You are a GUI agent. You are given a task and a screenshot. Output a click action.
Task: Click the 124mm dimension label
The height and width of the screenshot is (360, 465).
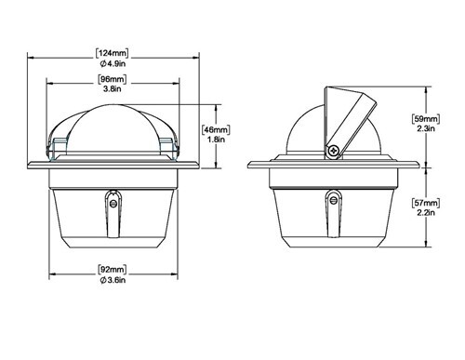(x=112, y=53)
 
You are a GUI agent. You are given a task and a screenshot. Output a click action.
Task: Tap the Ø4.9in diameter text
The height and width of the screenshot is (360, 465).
(x=113, y=64)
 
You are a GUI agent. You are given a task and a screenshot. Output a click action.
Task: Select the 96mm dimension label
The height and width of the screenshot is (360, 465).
(x=113, y=79)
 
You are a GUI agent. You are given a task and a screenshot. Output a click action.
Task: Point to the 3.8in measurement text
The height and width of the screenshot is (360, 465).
(x=113, y=89)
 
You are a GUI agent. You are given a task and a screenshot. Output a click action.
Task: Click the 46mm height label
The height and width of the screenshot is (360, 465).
(x=216, y=129)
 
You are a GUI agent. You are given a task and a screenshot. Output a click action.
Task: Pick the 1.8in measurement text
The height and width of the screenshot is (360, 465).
(x=216, y=140)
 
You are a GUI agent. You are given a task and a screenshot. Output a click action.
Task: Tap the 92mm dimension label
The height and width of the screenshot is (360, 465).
(x=113, y=270)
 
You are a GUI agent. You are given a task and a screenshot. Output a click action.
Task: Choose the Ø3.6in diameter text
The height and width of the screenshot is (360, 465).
(x=113, y=280)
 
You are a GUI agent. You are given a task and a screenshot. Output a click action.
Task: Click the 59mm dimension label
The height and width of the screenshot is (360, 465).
(x=426, y=118)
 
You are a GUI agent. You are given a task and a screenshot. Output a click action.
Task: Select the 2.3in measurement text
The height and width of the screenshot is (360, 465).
(x=426, y=128)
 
